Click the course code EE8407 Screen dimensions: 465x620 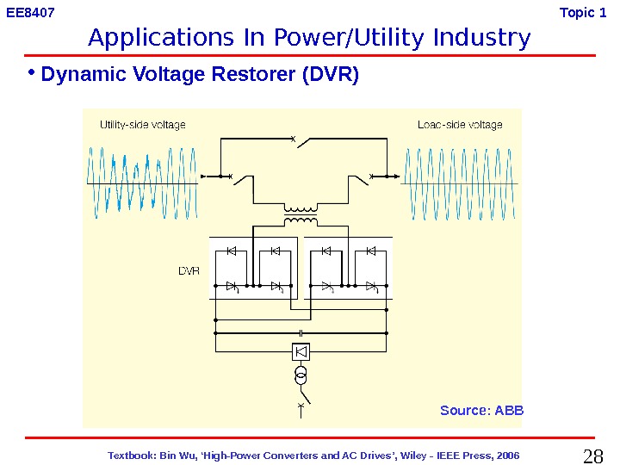[31, 13]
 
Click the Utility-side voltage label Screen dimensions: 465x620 [142, 125]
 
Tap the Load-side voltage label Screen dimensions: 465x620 [460, 125]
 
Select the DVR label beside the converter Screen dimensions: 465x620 [189, 270]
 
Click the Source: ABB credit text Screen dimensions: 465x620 [481, 410]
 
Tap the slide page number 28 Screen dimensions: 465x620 [593, 456]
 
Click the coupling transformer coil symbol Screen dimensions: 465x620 [301, 215]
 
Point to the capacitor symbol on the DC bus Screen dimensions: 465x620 [301, 332]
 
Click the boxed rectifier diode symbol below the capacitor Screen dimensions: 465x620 [301, 351]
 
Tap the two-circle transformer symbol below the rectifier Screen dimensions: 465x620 [301, 376]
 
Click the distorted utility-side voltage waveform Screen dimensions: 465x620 [142, 183]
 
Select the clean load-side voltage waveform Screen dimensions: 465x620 [460, 183]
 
